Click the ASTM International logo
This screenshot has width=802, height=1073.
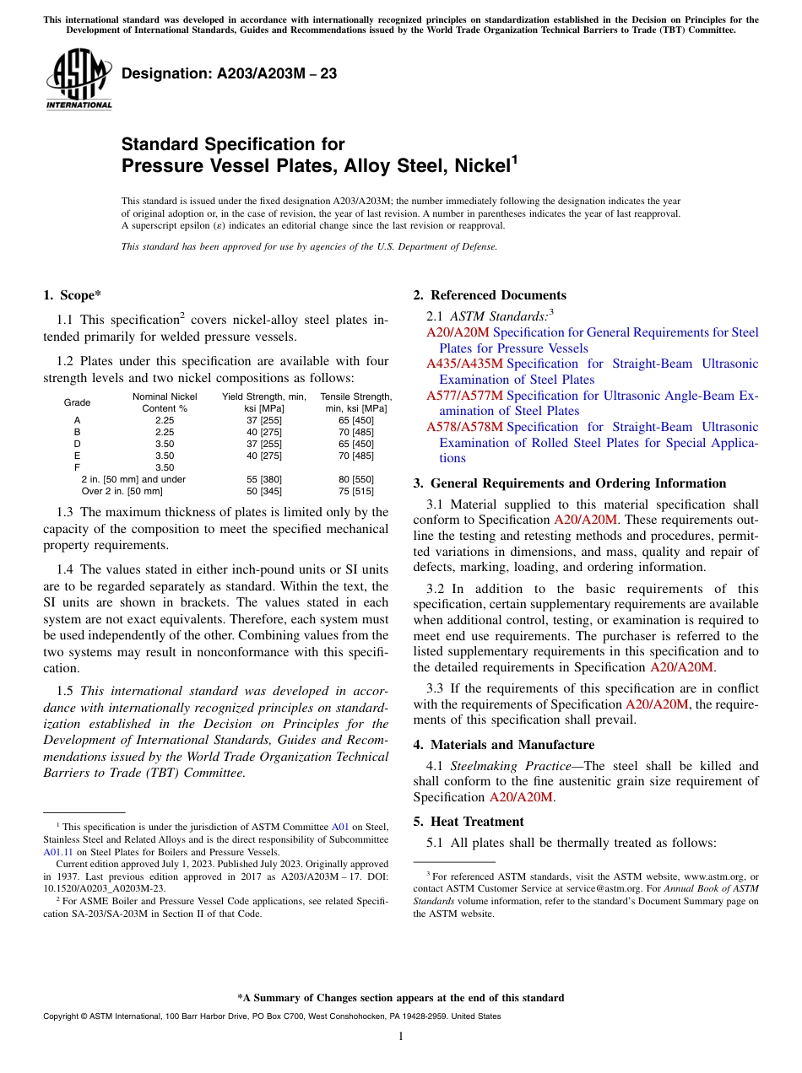click(x=79, y=79)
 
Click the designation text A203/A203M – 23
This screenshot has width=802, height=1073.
click(x=229, y=73)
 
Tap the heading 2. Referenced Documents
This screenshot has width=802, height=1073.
click(x=490, y=295)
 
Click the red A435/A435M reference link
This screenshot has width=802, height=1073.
click(x=464, y=364)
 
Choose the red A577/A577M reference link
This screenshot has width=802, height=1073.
click(x=464, y=396)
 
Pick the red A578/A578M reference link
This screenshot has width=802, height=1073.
click(x=464, y=427)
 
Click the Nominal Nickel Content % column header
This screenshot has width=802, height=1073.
click(x=165, y=402)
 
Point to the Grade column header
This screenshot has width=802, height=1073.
click(x=78, y=402)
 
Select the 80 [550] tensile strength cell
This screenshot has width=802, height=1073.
click(x=355, y=479)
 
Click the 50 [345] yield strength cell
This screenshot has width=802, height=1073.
click(x=263, y=491)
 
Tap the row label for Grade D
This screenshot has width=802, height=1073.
click(x=78, y=444)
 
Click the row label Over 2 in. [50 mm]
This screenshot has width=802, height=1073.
click(x=122, y=491)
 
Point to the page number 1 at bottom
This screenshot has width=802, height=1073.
click(x=401, y=1037)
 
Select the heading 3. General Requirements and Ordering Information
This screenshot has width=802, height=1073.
click(x=570, y=483)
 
